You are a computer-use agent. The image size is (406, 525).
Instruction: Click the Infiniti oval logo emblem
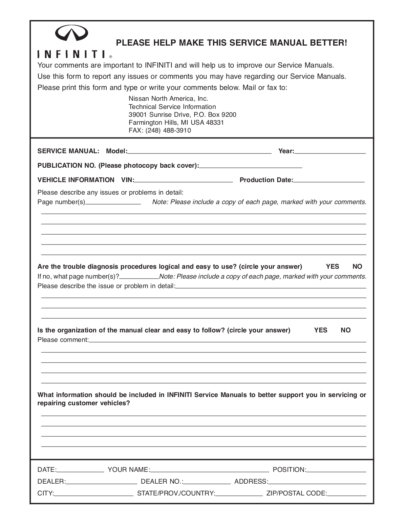point(71,33)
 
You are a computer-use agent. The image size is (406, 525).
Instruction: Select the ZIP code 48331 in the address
point(215,122)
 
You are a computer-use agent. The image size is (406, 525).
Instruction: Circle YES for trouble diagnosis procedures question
point(332,266)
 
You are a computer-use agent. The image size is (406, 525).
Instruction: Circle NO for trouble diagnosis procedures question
point(357,266)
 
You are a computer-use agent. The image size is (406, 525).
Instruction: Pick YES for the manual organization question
point(321,330)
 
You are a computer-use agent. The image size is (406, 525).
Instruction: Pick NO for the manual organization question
point(346,330)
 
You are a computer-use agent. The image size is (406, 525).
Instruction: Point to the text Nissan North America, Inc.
point(168,98)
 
